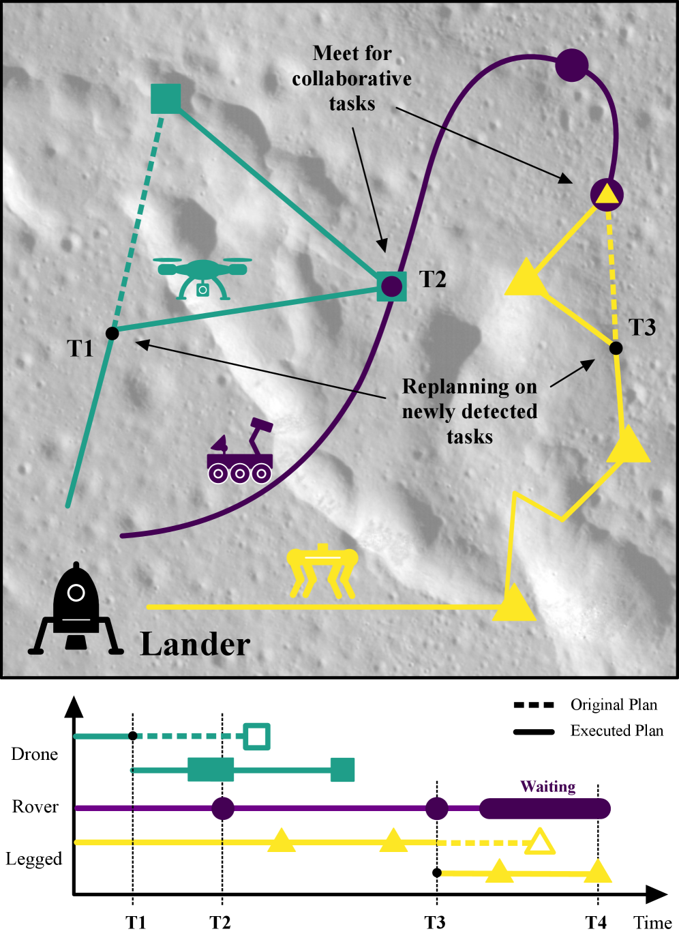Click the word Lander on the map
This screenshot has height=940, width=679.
pos(195,644)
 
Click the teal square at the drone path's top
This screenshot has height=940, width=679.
pos(166,98)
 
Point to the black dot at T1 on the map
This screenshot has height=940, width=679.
pos(112,333)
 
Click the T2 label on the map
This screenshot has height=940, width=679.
pos(432,279)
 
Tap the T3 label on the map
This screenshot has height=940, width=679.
pos(642,327)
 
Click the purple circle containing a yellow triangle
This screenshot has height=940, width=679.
pos(606,194)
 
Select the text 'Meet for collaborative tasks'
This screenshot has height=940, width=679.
pos(352,78)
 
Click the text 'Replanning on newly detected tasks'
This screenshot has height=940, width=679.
pos(470,411)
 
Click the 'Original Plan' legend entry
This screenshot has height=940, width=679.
pos(614,705)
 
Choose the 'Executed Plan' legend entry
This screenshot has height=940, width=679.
pos(616,731)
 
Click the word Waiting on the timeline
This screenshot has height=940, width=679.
pos(548,787)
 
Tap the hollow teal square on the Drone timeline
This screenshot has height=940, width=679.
pos(257,737)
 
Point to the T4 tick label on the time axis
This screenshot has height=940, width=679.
pos(596,923)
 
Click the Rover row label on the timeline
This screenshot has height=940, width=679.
pos(35,807)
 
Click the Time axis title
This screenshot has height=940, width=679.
pos(652,923)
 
